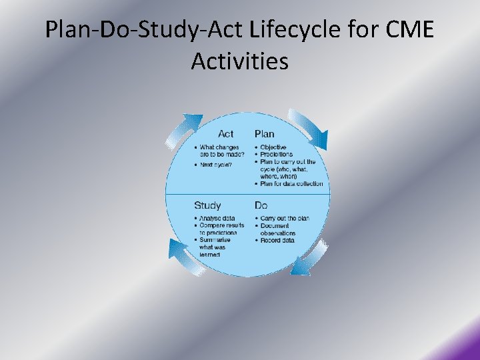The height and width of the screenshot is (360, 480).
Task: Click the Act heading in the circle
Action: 225,134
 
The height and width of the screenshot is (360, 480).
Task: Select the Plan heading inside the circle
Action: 264,134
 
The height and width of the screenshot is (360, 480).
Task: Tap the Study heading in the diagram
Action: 207,205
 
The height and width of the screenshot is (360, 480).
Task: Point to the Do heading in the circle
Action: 261,205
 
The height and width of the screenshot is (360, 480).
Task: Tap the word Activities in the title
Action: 239,61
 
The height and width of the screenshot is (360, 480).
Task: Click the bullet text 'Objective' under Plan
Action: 273,147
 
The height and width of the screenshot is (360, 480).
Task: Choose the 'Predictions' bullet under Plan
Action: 276,155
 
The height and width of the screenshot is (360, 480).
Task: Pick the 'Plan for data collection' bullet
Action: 291,184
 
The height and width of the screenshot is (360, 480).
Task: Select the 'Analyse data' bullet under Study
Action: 217,219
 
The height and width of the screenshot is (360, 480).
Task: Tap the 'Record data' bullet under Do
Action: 277,241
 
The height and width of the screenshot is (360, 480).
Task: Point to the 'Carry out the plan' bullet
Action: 285,219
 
